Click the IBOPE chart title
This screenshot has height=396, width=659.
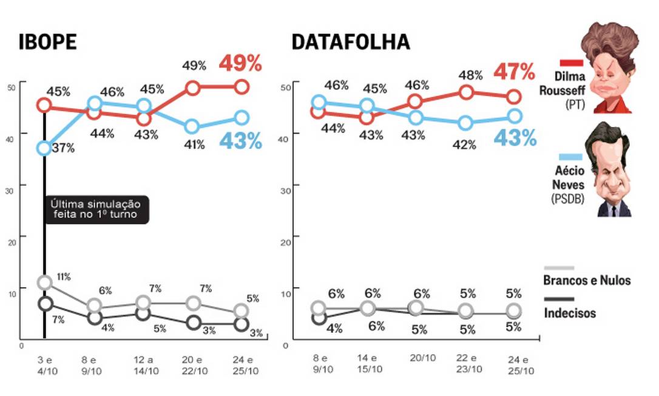(x=48, y=42)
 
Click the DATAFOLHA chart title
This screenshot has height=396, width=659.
(x=350, y=42)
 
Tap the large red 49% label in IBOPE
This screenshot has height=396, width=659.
(x=240, y=63)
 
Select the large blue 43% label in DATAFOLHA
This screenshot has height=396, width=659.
(x=515, y=138)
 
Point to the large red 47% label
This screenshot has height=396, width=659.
(x=514, y=72)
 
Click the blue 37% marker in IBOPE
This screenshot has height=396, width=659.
(x=44, y=148)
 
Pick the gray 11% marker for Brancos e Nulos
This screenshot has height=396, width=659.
(x=44, y=282)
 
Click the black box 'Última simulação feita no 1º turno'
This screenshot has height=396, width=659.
(x=96, y=210)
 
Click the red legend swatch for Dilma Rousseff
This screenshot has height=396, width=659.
(x=570, y=63)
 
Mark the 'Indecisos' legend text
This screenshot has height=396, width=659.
(x=570, y=313)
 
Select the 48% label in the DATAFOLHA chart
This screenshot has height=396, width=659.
(x=471, y=75)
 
